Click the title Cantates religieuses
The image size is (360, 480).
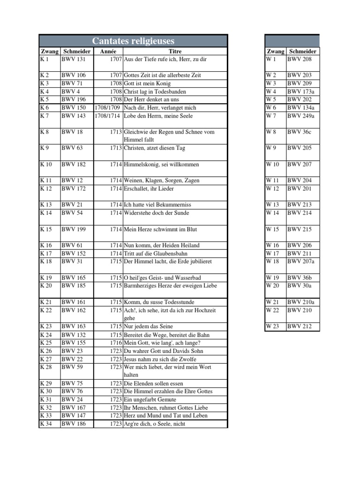coord(133,41)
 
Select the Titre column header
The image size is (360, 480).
coord(175,51)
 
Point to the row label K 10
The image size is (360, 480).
coord(46,165)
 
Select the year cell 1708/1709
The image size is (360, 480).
coord(108,108)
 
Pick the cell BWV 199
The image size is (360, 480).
coord(73,229)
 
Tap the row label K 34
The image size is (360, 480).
coord(46,424)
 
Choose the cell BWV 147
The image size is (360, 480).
coord(73,415)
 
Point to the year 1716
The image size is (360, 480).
coord(115,343)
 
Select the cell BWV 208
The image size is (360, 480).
coord(299,59)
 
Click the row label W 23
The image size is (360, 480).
coord(272,327)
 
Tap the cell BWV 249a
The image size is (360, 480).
coord(301,116)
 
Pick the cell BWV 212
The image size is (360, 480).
coord(299,327)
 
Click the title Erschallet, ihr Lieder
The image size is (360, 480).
coord(149,188)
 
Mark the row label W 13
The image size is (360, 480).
coord(272,205)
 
